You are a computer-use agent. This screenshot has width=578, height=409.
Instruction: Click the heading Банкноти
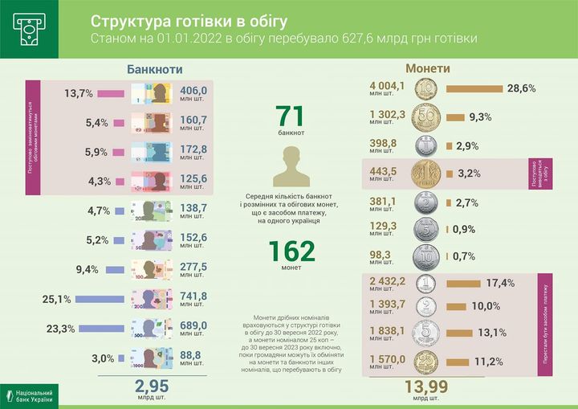[161, 69]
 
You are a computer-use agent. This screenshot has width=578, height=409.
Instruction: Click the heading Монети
[427, 69]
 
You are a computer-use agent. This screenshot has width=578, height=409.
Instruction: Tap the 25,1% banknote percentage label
[58, 299]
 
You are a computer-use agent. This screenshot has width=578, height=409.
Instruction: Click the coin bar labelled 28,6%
[474, 88]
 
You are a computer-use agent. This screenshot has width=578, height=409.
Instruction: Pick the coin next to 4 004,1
[427, 88]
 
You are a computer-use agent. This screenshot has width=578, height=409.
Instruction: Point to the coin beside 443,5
[427, 173]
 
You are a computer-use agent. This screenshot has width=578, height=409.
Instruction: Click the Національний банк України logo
[32, 394]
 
